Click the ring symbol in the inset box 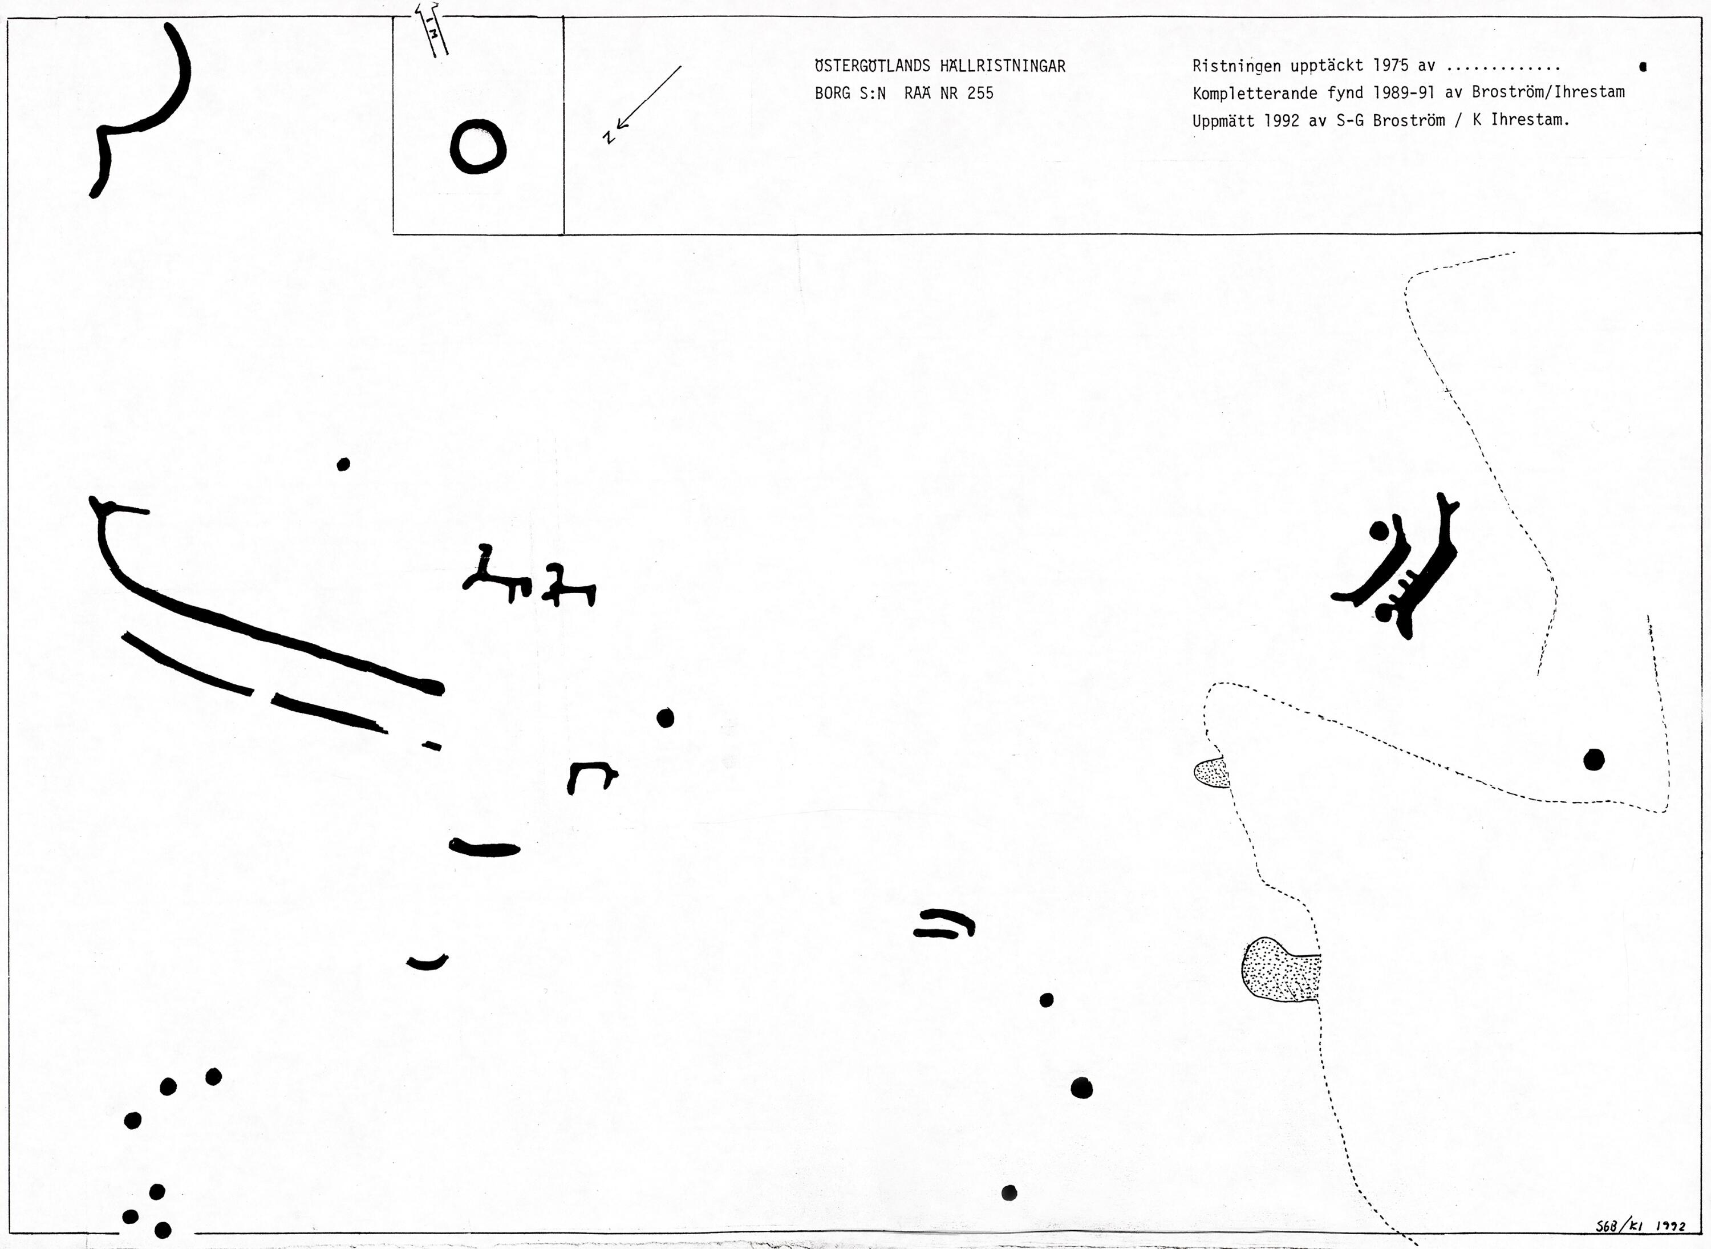pos(478,147)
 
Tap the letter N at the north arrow pos(609,136)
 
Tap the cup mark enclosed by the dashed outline pos(1594,759)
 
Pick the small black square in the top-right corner pos(1643,67)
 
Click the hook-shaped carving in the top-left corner pos(139,111)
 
